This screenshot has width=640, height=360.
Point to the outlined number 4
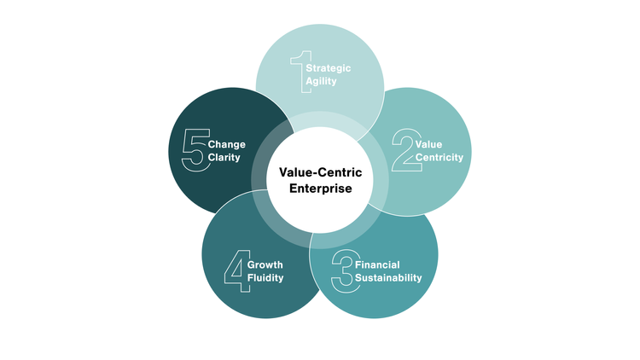point(235,271)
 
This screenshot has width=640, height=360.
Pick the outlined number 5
point(195,150)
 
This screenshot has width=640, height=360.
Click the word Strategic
point(328,67)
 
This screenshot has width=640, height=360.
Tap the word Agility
point(322,80)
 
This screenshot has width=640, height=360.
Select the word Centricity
point(439,157)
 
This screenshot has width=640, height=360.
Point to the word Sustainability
point(388,278)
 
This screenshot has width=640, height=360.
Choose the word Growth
point(265,265)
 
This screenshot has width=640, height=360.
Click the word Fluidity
point(265,278)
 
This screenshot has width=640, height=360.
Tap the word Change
point(226,144)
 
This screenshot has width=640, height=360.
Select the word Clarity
point(224,157)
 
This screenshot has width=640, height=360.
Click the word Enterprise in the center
point(320,189)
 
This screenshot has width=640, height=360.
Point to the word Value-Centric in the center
point(320,172)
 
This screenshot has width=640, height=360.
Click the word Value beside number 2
point(428,144)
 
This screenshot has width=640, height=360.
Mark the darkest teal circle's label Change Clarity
point(226,151)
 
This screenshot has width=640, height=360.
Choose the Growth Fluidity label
point(265,271)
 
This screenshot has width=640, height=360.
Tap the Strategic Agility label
point(328,73)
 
